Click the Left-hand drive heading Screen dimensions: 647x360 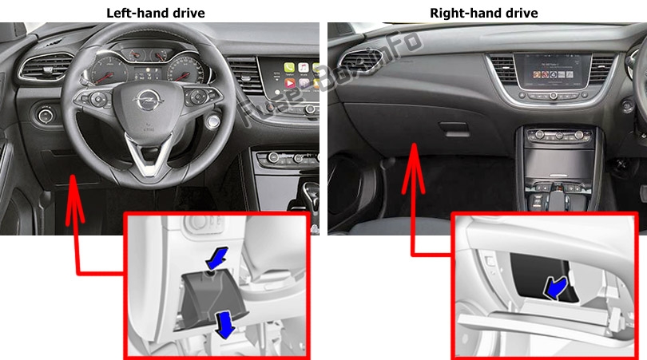156,13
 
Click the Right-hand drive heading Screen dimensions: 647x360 483,13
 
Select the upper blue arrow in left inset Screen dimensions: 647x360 216,258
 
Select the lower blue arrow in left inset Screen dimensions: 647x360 225,325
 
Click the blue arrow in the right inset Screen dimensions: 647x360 556,288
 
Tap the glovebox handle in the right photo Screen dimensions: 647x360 454,129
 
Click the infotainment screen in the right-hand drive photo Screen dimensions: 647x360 553,70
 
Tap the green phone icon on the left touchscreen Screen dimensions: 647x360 289,67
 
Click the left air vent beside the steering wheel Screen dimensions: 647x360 46,67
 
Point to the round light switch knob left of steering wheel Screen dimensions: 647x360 45,116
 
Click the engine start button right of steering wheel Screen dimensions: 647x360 213,121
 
